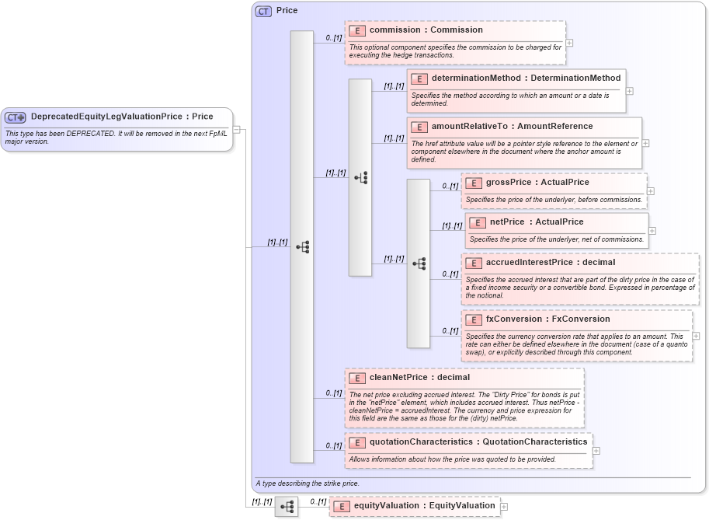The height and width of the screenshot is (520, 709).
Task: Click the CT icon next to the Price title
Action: [x=263, y=12]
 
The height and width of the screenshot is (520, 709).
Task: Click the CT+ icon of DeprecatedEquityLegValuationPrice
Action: [x=16, y=117]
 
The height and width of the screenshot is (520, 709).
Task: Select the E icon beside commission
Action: [x=357, y=30]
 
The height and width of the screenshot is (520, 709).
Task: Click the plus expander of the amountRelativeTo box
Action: [x=645, y=143]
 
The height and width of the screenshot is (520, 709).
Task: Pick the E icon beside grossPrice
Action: [x=474, y=183]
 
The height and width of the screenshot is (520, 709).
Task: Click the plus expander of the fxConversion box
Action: [x=696, y=336]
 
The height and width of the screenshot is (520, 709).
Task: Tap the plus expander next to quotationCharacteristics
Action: [x=596, y=450]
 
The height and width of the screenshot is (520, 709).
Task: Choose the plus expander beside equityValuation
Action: [x=504, y=507]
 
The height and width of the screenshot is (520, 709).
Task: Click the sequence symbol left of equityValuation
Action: [x=287, y=507]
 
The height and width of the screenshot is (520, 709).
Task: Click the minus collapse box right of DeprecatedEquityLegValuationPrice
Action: [x=236, y=130]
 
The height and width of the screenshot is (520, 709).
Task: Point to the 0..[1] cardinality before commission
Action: [x=334, y=37]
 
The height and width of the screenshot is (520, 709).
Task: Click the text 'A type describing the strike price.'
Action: [x=307, y=483]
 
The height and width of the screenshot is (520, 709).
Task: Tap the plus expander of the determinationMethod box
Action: [x=629, y=91]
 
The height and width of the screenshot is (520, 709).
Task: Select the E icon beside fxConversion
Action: [x=474, y=319]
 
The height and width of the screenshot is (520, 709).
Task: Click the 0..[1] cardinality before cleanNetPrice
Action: [x=334, y=393]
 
